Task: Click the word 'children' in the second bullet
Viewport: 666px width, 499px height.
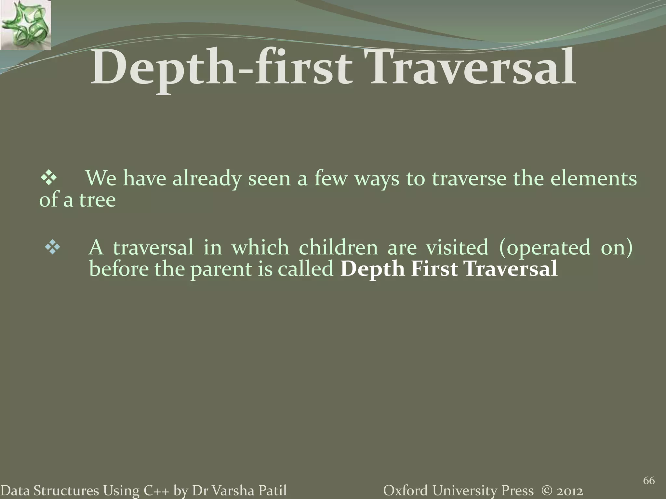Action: (x=338, y=247)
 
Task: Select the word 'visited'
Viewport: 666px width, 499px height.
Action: (x=457, y=247)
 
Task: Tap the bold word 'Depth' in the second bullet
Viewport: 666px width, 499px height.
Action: (x=372, y=269)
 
